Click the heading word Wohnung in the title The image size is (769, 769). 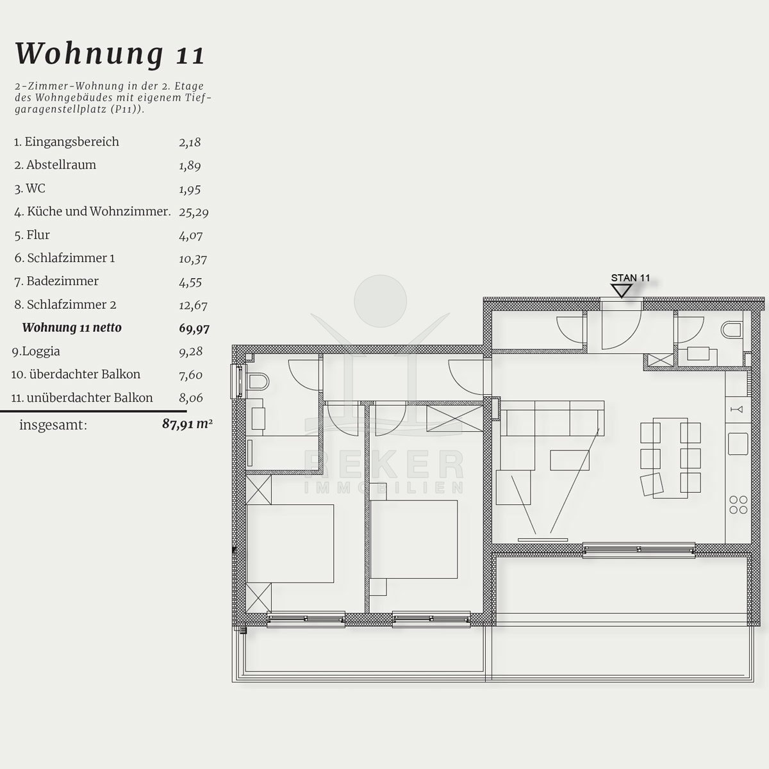click(x=89, y=54)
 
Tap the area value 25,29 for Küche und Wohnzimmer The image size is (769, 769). click(x=194, y=212)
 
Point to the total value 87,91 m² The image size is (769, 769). click(x=187, y=424)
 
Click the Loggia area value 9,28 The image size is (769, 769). click(x=191, y=352)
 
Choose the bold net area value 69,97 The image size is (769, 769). click(x=194, y=329)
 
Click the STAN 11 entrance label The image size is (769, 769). click(x=630, y=277)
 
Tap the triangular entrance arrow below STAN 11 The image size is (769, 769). click(x=622, y=290)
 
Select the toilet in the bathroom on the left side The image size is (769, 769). click(x=258, y=382)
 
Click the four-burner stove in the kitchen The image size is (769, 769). click(x=738, y=505)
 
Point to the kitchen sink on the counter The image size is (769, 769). click(x=738, y=443)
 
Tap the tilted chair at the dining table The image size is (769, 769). click(x=652, y=485)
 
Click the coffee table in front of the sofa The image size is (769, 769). click(x=570, y=461)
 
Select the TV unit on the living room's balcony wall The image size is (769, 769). click(x=543, y=540)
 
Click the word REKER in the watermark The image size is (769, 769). click(x=384, y=464)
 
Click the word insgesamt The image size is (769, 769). click(x=53, y=425)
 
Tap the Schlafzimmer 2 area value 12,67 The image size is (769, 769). click(x=193, y=305)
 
